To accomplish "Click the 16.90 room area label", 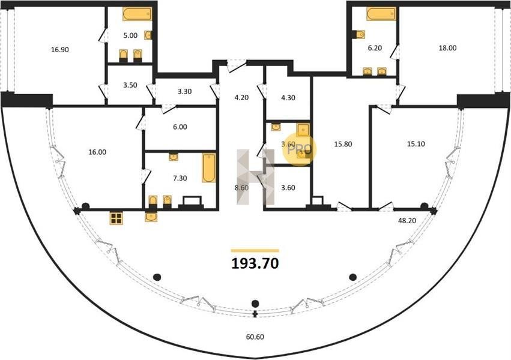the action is pos(60,50).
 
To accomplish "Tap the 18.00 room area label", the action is pos(447,48).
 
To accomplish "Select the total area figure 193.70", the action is pos(255,263).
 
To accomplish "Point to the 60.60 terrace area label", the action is pos(255,337).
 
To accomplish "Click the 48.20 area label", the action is pos(407,220).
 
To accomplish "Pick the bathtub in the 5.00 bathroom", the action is pos(137,14).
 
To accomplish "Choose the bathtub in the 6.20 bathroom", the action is pos(381,14).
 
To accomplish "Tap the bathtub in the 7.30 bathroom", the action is pos(208,168).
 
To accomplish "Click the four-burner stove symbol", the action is pos(116,218).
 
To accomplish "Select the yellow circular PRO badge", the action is pos(300,150).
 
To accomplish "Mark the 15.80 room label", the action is pos(343,144).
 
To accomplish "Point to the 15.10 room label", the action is pos(416,144).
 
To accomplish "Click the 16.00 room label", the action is pos(97,152).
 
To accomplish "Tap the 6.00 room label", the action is pos(180,127).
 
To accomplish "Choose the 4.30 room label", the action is pos(288,98).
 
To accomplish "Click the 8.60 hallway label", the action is pos(241,188).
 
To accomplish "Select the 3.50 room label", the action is pos(130,85).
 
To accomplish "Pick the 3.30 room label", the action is pos(184,91).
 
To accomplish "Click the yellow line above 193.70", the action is pos(255,251).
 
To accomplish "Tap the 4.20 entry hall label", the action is pos(241,97).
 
